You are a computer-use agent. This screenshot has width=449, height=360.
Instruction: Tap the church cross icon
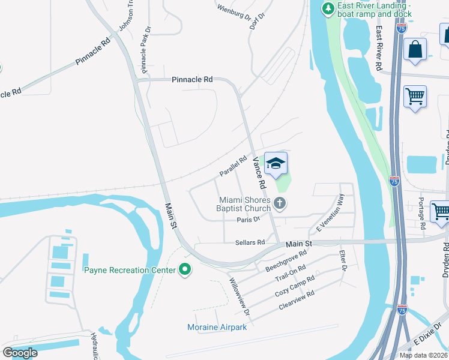click(279, 204)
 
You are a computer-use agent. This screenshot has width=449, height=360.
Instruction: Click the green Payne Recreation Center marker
click(185, 270)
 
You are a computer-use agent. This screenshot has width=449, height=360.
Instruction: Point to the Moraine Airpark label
click(217, 327)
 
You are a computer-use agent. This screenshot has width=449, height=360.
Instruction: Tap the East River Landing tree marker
click(328, 8)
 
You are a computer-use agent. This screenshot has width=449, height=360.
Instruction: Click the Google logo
click(20, 353)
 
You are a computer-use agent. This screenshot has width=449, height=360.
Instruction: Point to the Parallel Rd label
click(233, 166)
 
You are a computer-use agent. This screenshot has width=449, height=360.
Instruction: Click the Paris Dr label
click(248, 220)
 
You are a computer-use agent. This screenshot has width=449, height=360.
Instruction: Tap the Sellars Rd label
click(250, 242)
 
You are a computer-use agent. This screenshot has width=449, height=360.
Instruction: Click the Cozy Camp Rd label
click(295, 286)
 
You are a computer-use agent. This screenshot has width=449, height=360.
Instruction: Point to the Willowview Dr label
click(239, 297)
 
